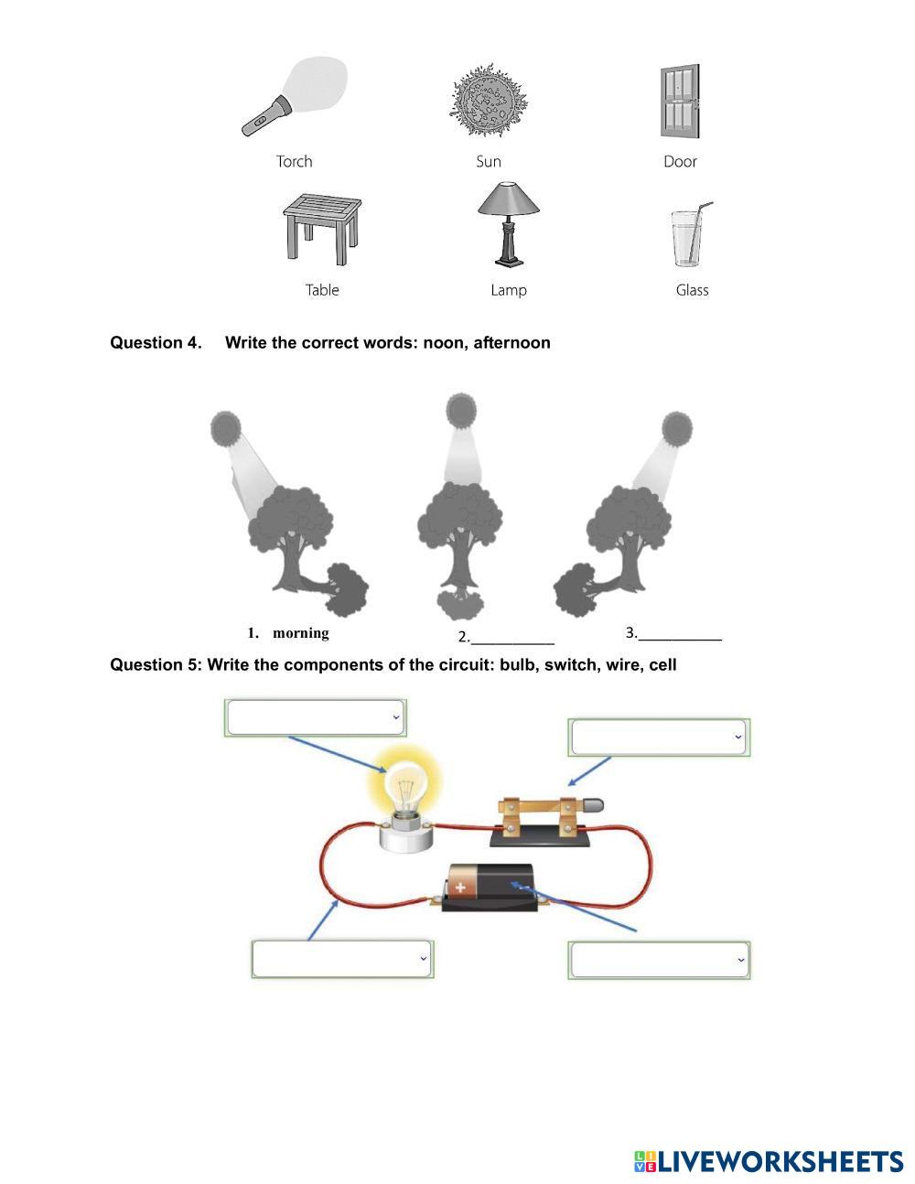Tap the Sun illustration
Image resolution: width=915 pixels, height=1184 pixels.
pyautogui.click(x=489, y=101)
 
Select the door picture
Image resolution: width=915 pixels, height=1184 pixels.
pyautogui.click(x=680, y=102)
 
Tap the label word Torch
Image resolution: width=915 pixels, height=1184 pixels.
pyautogui.click(x=295, y=162)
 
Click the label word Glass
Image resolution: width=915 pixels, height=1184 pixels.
pyautogui.click(x=692, y=290)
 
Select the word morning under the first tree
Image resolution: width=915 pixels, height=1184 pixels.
pyautogui.click(x=300, y=633)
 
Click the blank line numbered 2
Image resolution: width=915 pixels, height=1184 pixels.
pyautogui.click(x=511, y=639)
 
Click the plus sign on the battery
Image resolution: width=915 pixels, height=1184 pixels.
pyautogui.click(x=461, y=887)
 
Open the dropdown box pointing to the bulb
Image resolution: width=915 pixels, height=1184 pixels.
pyautogui.click(x=315, y=717)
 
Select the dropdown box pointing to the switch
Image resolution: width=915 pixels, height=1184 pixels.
pyautogui.click(x=659, y=737)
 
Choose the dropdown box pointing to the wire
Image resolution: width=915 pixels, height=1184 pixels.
pyautogui.click(x=341, y=959)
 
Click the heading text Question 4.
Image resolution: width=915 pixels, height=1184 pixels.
pyautogui.click(x=156, y=343)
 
